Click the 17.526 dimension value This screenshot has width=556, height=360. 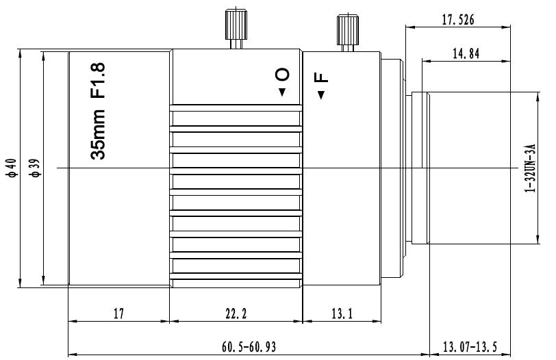point(457,19)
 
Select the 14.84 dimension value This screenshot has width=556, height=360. point(466,54)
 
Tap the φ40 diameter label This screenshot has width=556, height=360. point(12,168)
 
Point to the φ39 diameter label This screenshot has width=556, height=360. point(36,168)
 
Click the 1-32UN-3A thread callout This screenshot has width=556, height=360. point(530,168)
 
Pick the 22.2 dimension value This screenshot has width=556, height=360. point(236,313)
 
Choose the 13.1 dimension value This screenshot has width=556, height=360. point(342,313)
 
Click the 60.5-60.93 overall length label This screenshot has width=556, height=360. point(249,346)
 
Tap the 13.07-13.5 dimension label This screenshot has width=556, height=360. point(470,346)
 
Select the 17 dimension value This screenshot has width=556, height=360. point(118,313)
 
